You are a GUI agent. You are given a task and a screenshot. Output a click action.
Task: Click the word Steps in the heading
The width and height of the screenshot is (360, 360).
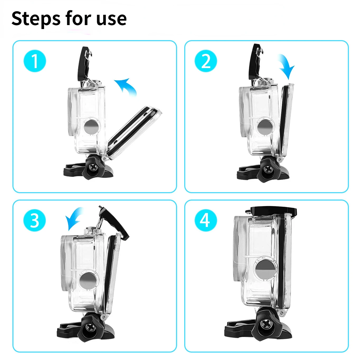coord(36,19)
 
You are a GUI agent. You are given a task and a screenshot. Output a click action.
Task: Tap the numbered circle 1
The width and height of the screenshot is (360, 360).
coord(35,61)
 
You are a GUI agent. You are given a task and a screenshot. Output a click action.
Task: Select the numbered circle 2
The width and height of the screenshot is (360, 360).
coord(206,61)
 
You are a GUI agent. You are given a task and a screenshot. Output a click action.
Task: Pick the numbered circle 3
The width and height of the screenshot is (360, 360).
coord(35,220)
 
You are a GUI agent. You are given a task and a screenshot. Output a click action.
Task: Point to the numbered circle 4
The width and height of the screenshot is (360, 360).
coord(206,220)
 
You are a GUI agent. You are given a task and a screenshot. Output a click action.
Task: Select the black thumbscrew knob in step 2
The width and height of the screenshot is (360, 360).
coord(266,170)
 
